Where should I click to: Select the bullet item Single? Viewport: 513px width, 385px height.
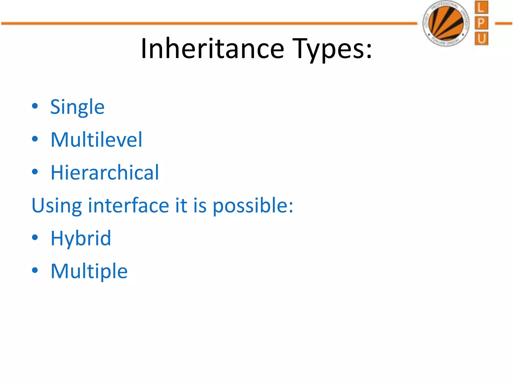pyautogui.click(x=77, y=107)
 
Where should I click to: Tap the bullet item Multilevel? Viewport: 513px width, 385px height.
pyautogui.click(x=96, y=140)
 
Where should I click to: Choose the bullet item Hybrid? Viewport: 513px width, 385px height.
pyautogui.click(x=81, y=238)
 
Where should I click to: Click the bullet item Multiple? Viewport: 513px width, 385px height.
pyautogui.click(x=89, y=271)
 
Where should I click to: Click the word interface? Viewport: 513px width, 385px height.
pyautogui.click(x=129, y=205)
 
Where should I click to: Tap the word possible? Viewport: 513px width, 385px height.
pyautogui.click(x=253, y=206)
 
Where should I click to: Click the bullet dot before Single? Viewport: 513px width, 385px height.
pyautogui.click(x=35, y=106)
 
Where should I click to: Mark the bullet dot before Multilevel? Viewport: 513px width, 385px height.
pyautogui.click(x=35, y=139)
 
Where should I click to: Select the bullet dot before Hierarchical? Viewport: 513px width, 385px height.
pyautogui.click(x=35, y=172)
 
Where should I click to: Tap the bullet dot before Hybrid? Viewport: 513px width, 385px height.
pyautogui.click(x=35, y=237)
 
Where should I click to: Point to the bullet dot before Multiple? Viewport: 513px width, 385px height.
pyautogui.click(x=35, y=270)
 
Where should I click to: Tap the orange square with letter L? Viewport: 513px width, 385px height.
pyautogui.click(x=481, y=8)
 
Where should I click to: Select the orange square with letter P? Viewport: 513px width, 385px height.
pyautogui.click(x=481, y=23)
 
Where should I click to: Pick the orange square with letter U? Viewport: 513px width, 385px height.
pyautogui.click(x=481, y=39)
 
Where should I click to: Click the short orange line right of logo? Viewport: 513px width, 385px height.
pyautogui.click(x=503, y=24)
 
